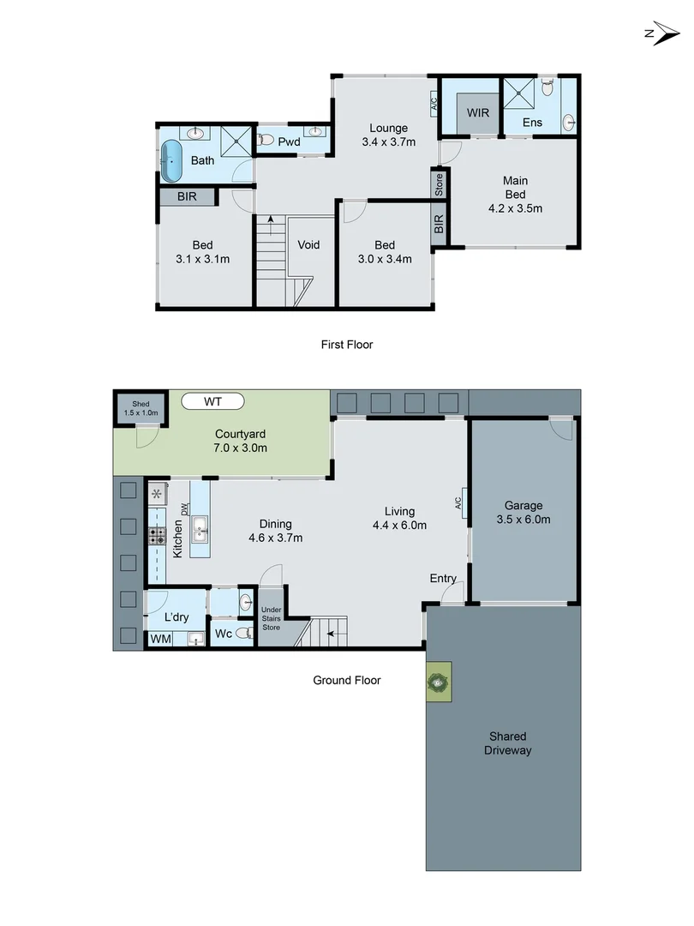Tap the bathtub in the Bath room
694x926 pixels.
pyautogui.click(x=172, y=160)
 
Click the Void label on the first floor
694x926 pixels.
pyautogui.click(x=308, y=245)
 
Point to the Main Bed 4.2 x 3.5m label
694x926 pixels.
pyautogui.click(x=515, y=194)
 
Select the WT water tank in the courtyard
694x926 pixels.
pyautogui.click(x=212, y=400)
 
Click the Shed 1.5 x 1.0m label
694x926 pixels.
pyautogui.click(x=140, y=408)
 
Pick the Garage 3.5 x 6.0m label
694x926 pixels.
pyautogui.click(x=523, y=513)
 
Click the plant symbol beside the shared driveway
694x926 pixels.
pyautogui.click(x=438, y=683)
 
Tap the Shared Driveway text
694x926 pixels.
pyautogui.click(x=507, y=743)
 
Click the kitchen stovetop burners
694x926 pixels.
pyautogui.click(x=158, y=537)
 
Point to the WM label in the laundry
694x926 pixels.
pyautogui.click(x=160, y=639)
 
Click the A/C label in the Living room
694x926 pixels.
pyautogui.click(x=459, y=502)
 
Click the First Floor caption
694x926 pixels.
pyautogui.click(x=347, y=345)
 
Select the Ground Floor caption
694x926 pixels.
pyautogui.click(x=346, y=680)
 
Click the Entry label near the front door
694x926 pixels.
pyautogui.click(x=443, y=579)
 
